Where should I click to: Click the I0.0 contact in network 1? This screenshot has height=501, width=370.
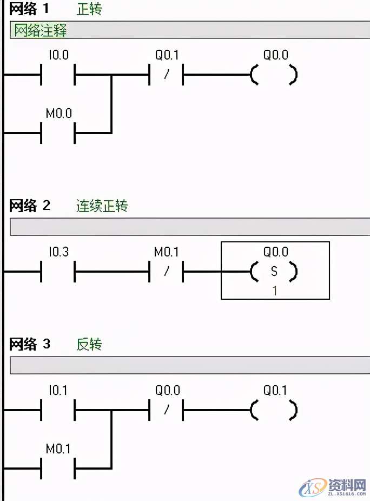pyautogui.click(x=58, y=75)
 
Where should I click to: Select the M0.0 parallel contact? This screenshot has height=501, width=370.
pyautogui.click(x=58, y=133)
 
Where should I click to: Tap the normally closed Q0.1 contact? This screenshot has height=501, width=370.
pyautogui.click(x=166, y=75)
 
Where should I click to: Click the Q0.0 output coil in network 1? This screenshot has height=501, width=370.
pyautogui.click(x=274, y=75)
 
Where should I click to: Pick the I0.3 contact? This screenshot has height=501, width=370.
pyautogui.click(x=58, y=271)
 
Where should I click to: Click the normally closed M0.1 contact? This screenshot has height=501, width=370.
pyautogui.click(x=166, y=271)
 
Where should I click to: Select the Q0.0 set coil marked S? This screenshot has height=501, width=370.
pyautogui.click(x=274, y=271)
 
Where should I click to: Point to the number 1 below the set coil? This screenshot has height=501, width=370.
pyautogui.click(x=274, y=291)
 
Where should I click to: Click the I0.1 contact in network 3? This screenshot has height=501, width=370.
pyautogui.click(x=58, y=410)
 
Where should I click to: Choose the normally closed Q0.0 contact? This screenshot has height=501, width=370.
pyautogui.click(x=166, y=410)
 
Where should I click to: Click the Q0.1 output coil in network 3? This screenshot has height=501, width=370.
pyautogui.click(x=274, y=410)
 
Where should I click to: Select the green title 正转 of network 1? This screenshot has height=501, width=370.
pyautogui.click(x=89, y=9)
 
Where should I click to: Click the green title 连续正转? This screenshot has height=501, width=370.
pyautogui.click(x=102, y=206)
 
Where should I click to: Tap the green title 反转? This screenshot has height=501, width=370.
pyautogui.click(x=89, y=345)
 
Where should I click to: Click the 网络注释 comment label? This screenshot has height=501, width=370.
pyautogui.click(x=40, y=30)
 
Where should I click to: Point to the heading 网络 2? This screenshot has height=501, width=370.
pyautogui.click(x=30, y=206)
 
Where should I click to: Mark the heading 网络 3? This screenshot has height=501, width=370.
pyautogui.click(x=30, y=344)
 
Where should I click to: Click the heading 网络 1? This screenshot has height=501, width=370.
pyautogui.click(x=30, y=9)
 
